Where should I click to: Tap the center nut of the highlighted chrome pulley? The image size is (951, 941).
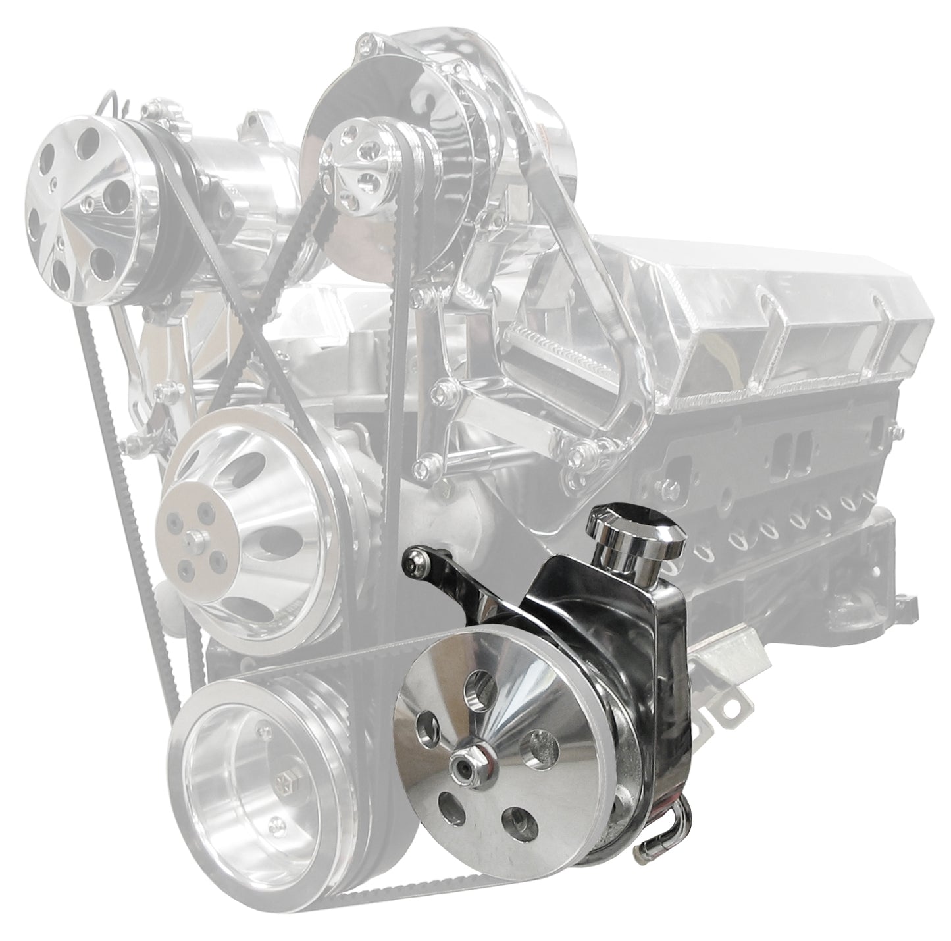(464, 765)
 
